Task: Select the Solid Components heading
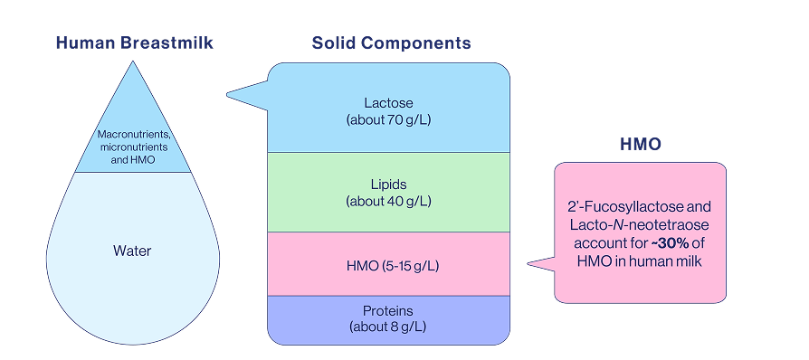coord(391,43)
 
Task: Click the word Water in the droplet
coord(133,251)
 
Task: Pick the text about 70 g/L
coord(389,119)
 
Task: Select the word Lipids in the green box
coord(389,185)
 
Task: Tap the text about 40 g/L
coord(389,200)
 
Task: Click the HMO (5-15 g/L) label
coord(389,265)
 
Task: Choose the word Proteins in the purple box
coord(389,310)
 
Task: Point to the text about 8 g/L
coord(389,326)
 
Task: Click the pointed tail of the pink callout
coord(531,265)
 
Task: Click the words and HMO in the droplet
coord(134,159)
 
